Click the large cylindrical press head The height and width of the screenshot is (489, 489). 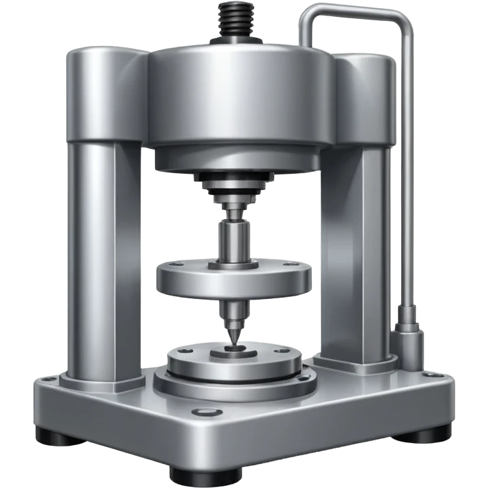point(241,101)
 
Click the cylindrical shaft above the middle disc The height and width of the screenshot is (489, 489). point(233,240)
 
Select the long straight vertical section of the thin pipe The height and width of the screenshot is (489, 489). point(409,169)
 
